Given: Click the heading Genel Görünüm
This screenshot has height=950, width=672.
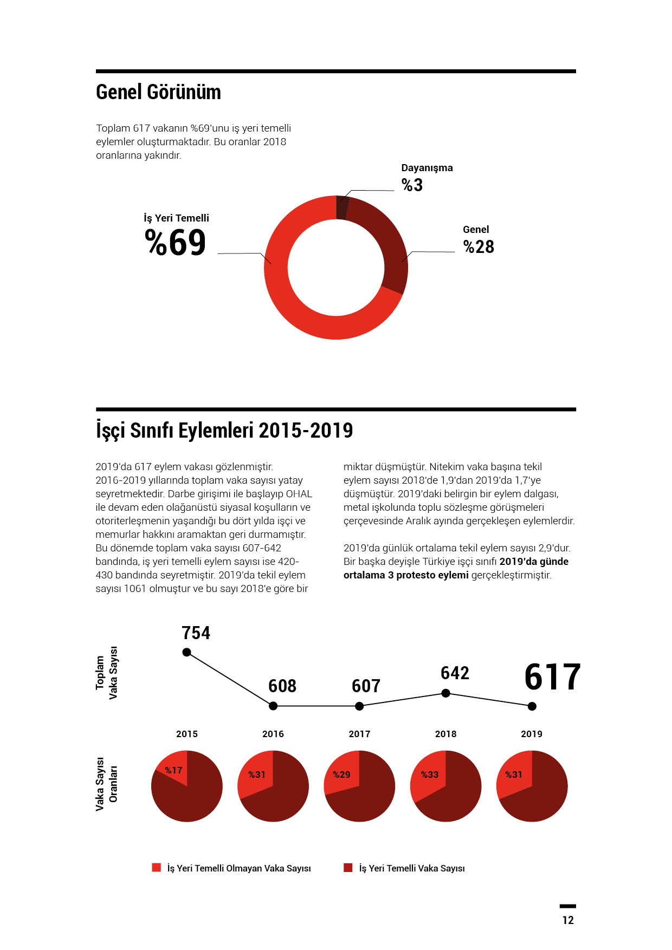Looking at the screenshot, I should point(158,92).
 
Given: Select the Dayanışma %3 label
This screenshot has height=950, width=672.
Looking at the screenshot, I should point(427,178).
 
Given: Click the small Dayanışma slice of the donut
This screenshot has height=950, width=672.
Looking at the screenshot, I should point(342,207).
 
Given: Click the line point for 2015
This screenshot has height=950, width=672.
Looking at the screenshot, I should point(187,652).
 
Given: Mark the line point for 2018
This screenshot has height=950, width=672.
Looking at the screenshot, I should point(445,693).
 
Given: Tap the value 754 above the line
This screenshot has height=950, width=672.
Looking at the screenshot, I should point(196,633).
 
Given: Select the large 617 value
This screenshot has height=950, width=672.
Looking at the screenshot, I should point(552,677).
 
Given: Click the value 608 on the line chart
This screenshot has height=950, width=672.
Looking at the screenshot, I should point(282,686).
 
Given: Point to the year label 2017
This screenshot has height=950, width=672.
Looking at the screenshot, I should point(359,734).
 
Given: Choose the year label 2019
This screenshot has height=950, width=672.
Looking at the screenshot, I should point(532,734).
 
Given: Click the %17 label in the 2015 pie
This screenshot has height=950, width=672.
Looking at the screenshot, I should point(173,770).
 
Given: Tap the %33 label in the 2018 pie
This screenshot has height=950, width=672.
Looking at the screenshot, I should point(430,775).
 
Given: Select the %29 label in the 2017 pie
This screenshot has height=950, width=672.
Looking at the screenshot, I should point(341,775).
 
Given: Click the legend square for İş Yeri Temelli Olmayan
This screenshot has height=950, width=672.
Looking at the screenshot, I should point(157,868).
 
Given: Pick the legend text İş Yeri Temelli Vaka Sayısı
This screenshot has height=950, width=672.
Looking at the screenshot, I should point(412,868).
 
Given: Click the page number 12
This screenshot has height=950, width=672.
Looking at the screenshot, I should point(568,920).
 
